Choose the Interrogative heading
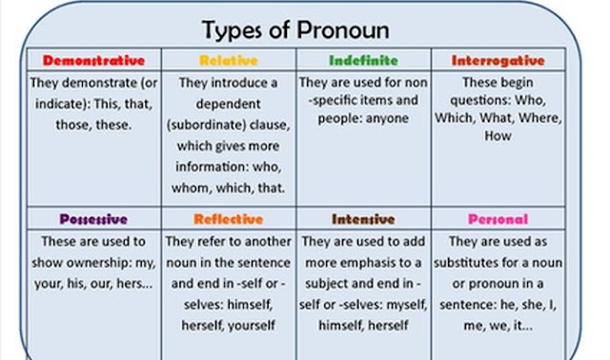tap(498, 60)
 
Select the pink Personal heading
tap(498, 219)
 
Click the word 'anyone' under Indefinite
tap(383, 118)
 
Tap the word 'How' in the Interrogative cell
tap(498, 136)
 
